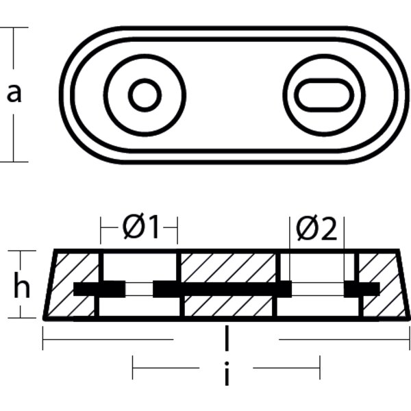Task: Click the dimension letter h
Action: tap(22, 287)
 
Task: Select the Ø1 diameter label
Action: tap(140, 228)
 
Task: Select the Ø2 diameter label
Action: tap(317, 230)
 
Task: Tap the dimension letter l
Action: tap(226, 338)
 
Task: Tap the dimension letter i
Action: tap(226, 373)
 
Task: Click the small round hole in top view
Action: tap(145, 95)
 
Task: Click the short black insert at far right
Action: tap(362, 290)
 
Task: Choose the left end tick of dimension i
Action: tap(133, 370)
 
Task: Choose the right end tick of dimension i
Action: tap(319, 370)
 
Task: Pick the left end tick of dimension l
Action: tap(43, 338)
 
